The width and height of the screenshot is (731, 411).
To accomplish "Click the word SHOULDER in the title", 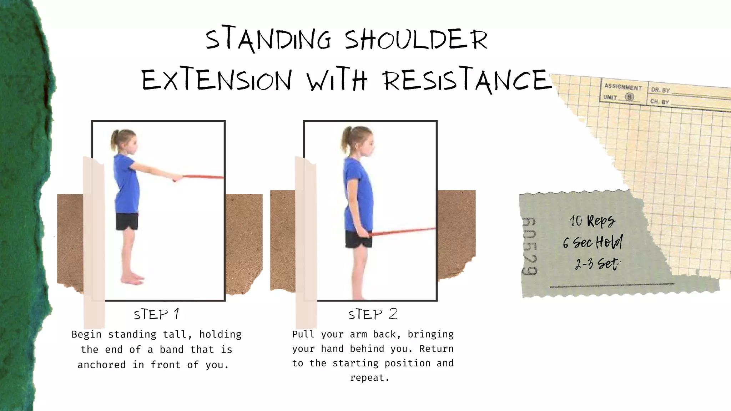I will click(416, 40).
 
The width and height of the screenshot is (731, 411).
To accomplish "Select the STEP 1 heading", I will click(157, 315).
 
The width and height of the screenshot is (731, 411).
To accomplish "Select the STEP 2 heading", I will click(373, 314).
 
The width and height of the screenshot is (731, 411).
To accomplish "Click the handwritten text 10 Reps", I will click(592, 221).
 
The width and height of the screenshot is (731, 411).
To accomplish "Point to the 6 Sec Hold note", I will click(593, 243).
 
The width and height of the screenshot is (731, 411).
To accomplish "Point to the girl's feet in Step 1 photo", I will click(132, 279).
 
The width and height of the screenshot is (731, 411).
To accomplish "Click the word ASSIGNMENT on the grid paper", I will click(623, 87).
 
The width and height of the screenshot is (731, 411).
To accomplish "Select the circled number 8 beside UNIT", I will click(630, 97).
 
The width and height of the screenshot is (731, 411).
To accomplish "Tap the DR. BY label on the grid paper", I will click(660, 90).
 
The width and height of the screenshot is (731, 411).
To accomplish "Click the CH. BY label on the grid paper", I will click(660, 102).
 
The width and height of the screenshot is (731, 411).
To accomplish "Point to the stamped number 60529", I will click(529, 246).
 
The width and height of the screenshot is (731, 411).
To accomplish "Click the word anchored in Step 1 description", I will click(102, 365).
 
